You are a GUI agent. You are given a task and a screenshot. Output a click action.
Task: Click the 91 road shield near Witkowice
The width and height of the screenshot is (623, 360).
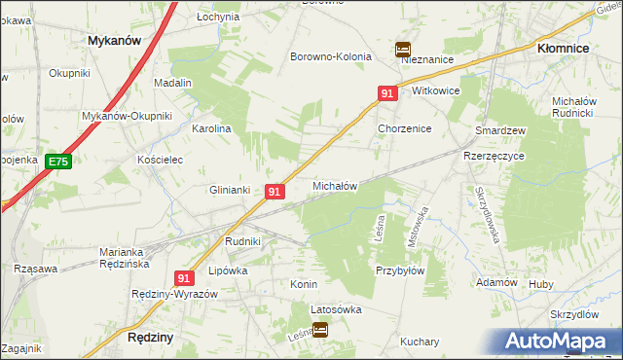tap(387, 93)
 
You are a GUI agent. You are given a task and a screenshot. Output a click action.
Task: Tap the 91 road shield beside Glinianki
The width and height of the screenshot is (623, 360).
tap(275, 193)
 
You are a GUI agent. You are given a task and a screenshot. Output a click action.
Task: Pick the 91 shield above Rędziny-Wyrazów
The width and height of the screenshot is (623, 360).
tap(186, 277)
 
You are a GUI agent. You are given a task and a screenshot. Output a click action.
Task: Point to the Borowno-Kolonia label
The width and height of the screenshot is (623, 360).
tap(331, 56)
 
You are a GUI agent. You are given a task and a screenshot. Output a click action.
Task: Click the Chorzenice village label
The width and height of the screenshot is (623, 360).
tap(404, 128)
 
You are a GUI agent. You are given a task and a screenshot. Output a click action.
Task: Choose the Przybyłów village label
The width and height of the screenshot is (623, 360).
tap(399, 272)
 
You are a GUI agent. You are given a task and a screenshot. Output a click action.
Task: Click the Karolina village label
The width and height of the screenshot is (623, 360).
tap(210, 127)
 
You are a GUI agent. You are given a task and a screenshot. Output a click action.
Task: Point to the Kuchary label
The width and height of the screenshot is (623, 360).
tap(420, 342)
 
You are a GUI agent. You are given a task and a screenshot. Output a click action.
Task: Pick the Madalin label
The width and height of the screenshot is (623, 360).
tap(172, 84)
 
